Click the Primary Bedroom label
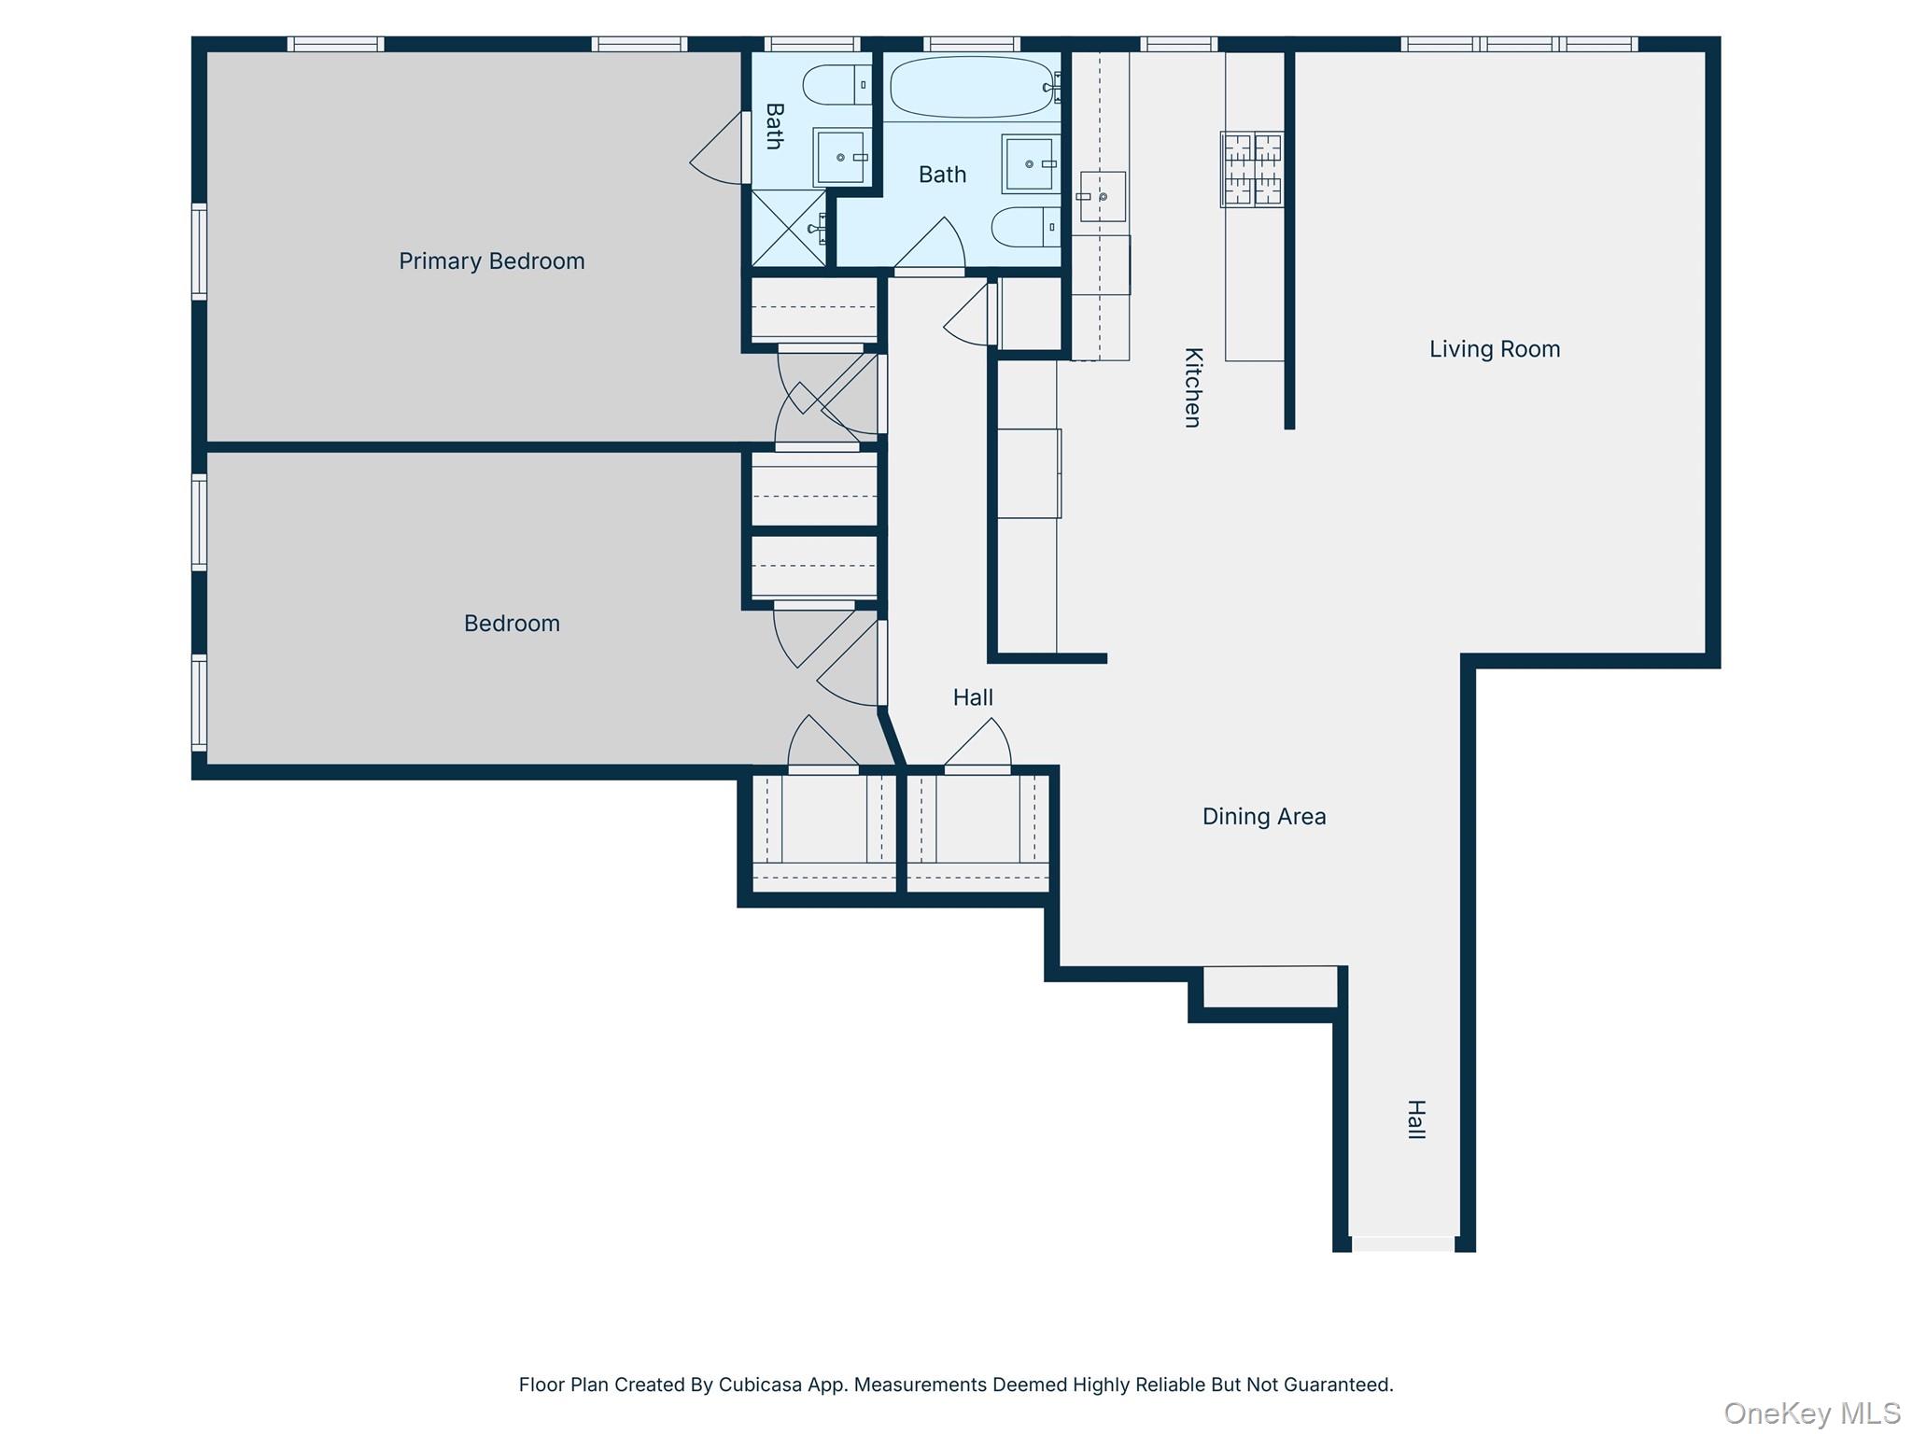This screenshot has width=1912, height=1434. click(491, 261)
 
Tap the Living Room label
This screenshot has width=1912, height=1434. click(1494, 349)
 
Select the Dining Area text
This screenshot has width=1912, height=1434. click(1263, 817)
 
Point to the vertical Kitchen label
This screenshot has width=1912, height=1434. click(1192, 387)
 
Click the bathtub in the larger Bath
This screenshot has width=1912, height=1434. click(972, 87)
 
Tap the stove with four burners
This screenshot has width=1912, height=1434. click(1252, 169)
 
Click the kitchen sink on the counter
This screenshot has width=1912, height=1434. click(1102, 197)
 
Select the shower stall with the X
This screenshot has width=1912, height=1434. click(788, 228)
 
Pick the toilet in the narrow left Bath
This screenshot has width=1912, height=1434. click(836, 85)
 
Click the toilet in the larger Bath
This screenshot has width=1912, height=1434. click(1025, 227)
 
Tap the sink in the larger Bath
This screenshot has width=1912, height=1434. click(1029, 163)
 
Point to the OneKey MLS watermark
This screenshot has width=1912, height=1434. click(1811, 1413)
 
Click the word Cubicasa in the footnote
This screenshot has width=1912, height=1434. click(759, 1385)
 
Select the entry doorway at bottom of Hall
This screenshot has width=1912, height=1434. click(1403, 1244)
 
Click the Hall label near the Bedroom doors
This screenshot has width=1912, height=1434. click(973, 697)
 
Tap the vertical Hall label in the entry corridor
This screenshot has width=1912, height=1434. click(1415, 1119)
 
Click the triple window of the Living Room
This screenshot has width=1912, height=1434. click(1519, 44)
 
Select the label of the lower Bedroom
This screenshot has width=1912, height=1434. click(512, 624)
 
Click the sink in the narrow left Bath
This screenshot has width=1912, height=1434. click(840, 158)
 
